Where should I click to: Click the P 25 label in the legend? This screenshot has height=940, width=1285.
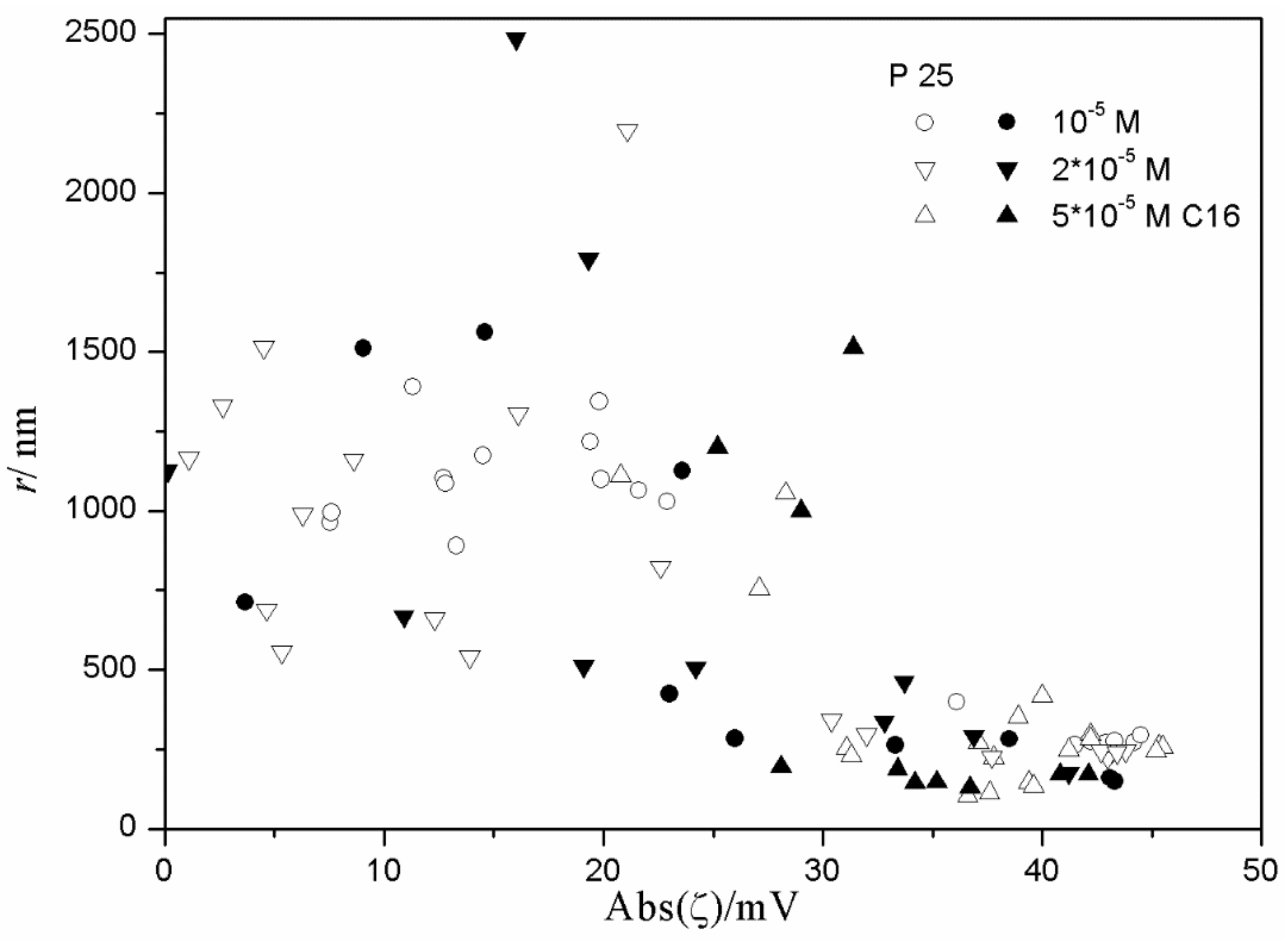tap(921, 76)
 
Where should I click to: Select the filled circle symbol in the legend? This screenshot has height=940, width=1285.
tap(1007, 122)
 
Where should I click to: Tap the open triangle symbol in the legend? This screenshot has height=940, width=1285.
tap(925, 215)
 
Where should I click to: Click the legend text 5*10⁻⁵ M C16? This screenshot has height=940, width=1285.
tap(1145, 216)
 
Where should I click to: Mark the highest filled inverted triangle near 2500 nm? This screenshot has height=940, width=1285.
tap(516, 41)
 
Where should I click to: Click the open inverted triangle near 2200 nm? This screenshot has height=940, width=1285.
tap(627, 132)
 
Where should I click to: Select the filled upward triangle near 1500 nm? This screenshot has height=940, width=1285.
tap(854, 345)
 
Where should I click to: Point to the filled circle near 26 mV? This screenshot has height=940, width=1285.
tap(735, 738)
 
